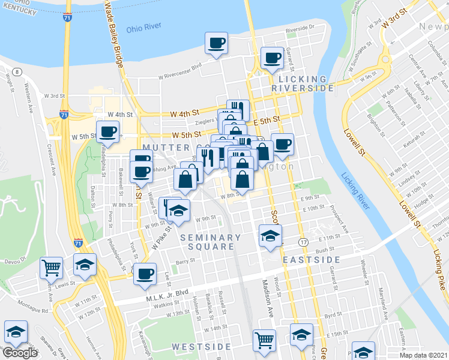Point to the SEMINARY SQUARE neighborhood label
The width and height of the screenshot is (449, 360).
pyautogui.click(x=211, y=242)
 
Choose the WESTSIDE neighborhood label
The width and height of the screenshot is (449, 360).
pyautogui.click(x=201, y=347)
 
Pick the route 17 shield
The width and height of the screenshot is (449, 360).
pyautogui.click(x=304, y=242)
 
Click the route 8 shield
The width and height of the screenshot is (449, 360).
pyautogui.click(x=17, y=72)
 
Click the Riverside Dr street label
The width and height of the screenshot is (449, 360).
pyautogui.click(x=300, y=28)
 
